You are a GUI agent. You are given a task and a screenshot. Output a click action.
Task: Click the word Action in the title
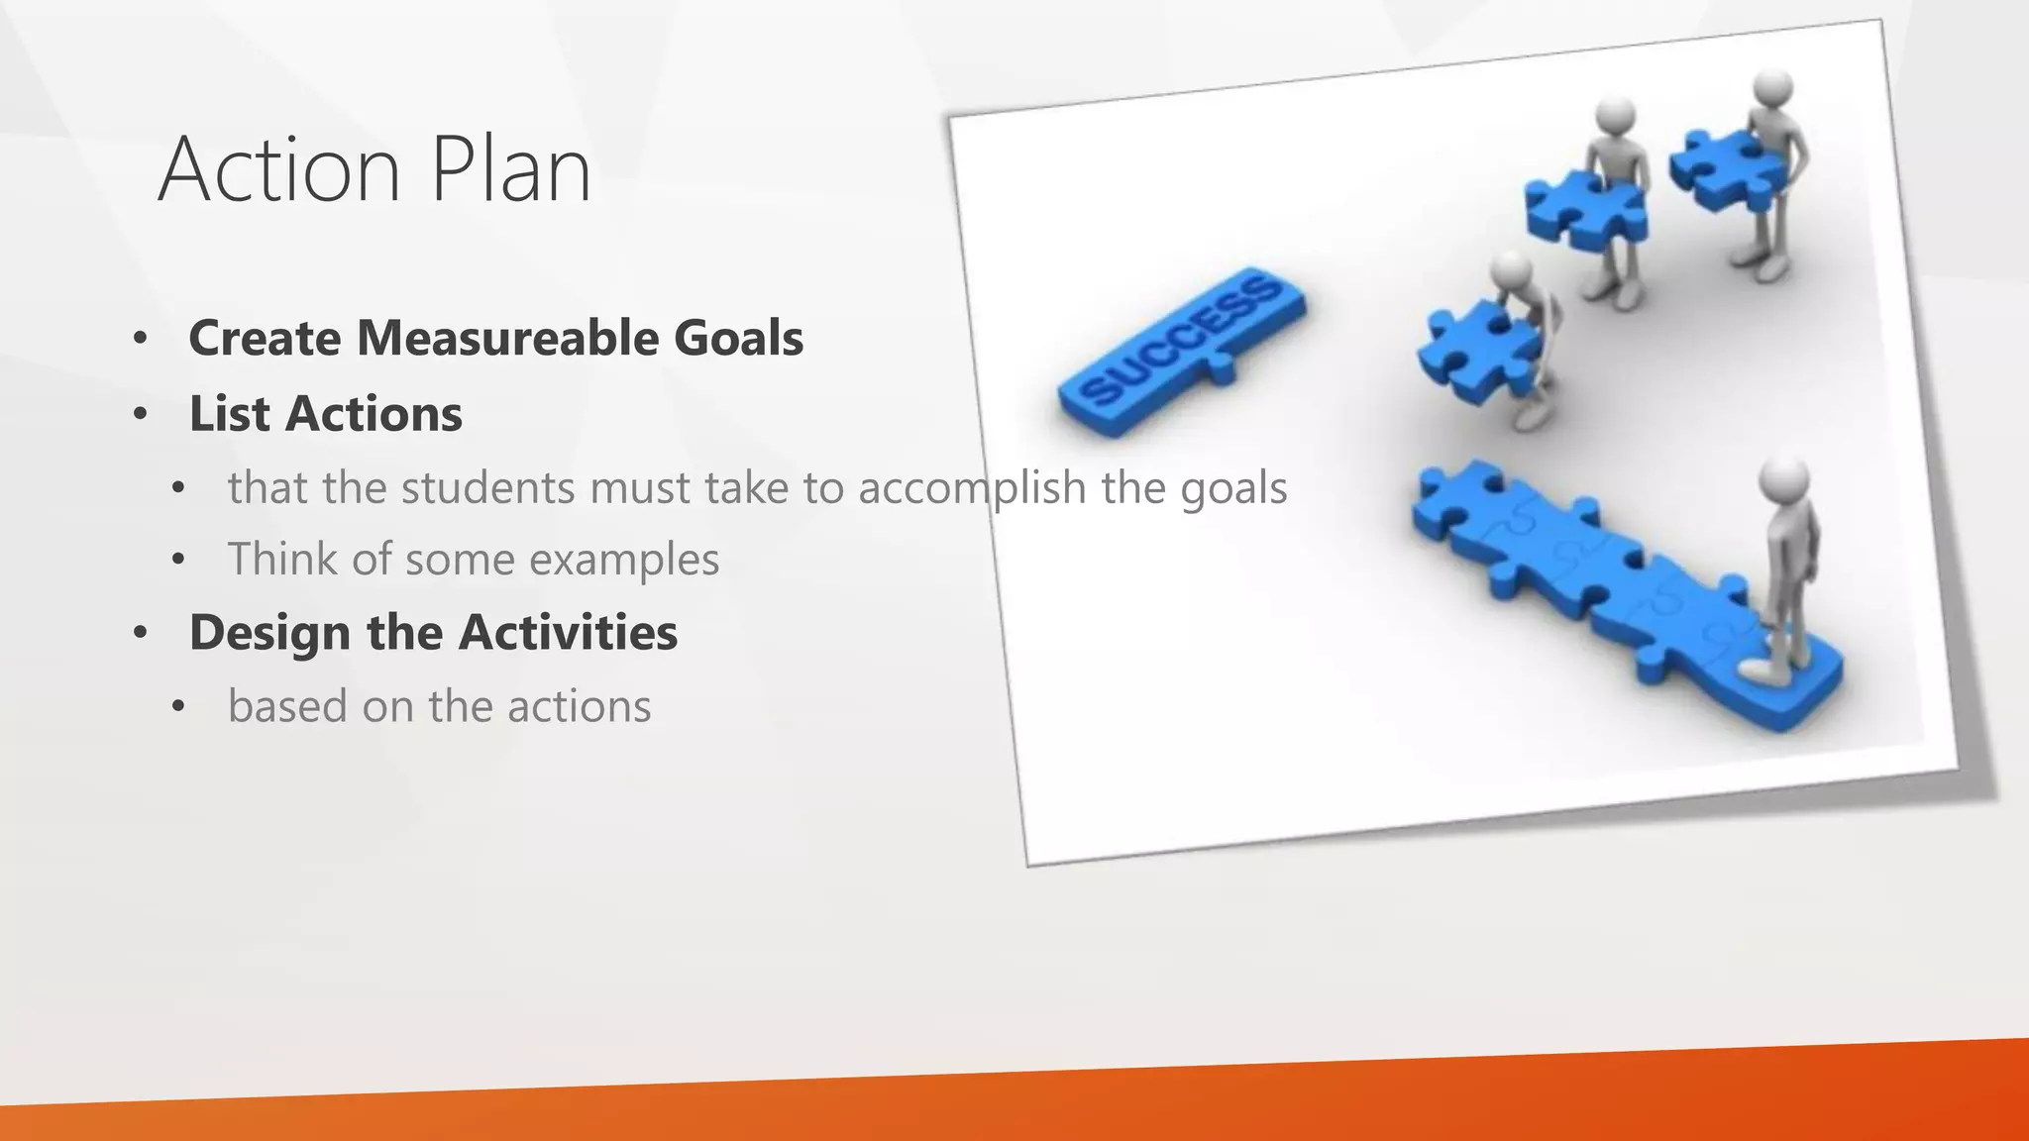[x=278, y=170]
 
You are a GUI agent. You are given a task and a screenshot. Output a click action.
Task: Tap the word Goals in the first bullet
[x=738, y=338]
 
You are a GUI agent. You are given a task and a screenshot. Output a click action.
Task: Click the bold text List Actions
[x=325, y=414]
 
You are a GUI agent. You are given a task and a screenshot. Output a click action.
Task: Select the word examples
[x=623, y=560]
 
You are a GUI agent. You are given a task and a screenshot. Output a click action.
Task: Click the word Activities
[x=569, y=632]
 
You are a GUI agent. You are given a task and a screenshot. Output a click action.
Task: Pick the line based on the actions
[x=439, y=706]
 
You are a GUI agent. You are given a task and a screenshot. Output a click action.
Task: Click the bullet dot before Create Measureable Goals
[x=140, y=339]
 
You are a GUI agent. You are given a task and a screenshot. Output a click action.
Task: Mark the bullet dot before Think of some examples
[x=177, y=561]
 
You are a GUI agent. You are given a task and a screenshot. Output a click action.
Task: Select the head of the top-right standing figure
[x=1771, y=87]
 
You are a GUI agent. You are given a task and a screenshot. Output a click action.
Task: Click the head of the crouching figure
[x=1512, y=268]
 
